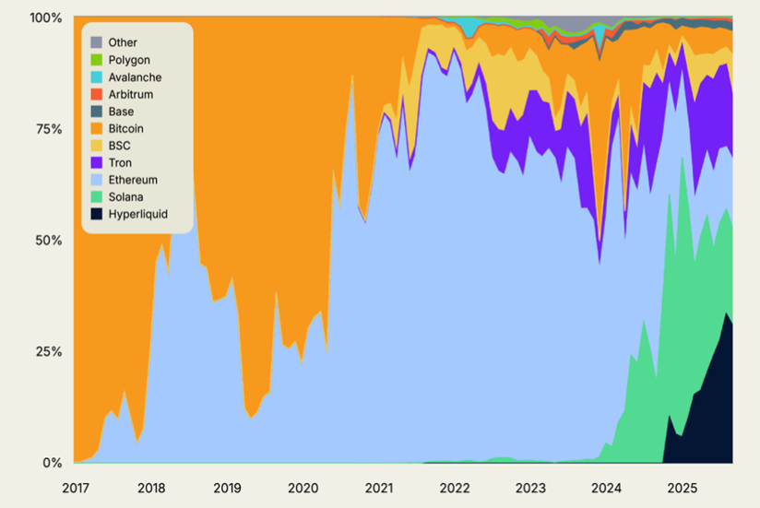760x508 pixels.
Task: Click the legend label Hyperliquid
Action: [137, 215]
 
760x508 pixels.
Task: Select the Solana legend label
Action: [126, 197]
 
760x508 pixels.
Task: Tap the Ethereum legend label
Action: [133, 180]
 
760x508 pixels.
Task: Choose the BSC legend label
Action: [120, 146]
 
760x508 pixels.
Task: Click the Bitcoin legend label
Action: [126, 129]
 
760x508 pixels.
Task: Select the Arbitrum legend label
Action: [131, 94]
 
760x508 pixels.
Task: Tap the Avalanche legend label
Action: [136, 77]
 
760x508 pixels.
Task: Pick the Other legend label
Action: [123, 42]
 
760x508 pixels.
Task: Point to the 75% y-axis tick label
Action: [45, 129]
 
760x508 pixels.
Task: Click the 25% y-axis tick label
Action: [45, 351]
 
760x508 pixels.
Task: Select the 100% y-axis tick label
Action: [43, 18]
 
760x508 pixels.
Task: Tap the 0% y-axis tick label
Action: [50, 463]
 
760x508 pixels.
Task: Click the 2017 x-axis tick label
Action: [75, 486]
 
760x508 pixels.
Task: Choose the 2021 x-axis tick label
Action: [378, 486]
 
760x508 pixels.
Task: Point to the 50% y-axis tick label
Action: [45, 240]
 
